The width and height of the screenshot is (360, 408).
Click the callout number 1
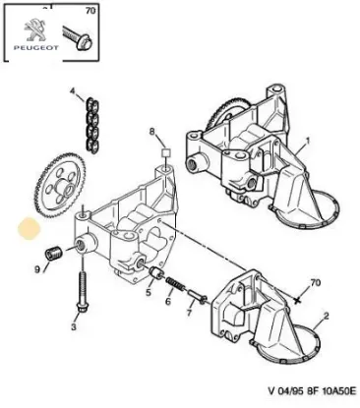click(x=308, y=141)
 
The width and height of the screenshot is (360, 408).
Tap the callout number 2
click(x=326, y=316)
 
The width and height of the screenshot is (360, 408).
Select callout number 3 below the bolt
click(x=74, y=326)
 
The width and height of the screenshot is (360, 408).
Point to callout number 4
click(x=73, y=90)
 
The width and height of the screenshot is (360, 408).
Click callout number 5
click(x=149, y=292)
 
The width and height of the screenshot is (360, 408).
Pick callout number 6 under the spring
click(x=168, y=301)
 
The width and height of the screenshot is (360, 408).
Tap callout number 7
click(x=189, y=313)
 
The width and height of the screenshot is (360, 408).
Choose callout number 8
click(x=151, y=132)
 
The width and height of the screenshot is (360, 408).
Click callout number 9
click(x=37, y=269)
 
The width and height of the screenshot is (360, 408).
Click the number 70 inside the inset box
click(x=90, y=11)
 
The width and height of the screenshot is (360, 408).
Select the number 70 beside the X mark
click(x=315, y=282)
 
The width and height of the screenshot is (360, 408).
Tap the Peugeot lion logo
click(x=35, y=30)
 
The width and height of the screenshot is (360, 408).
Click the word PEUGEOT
click(x=36, y=48)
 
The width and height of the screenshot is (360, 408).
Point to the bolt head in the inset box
click(x=85, y=42)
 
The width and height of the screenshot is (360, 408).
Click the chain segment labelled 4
click(x=91, y=125)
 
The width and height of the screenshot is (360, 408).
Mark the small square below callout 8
click(x=166, y=152)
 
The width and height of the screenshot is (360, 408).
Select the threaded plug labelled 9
click(x=53, y=253)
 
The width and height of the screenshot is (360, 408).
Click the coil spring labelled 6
click(x=174, y=284)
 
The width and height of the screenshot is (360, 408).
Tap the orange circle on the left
click(x=29, y=229)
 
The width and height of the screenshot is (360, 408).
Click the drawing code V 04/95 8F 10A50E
click(x=312, y=391)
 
